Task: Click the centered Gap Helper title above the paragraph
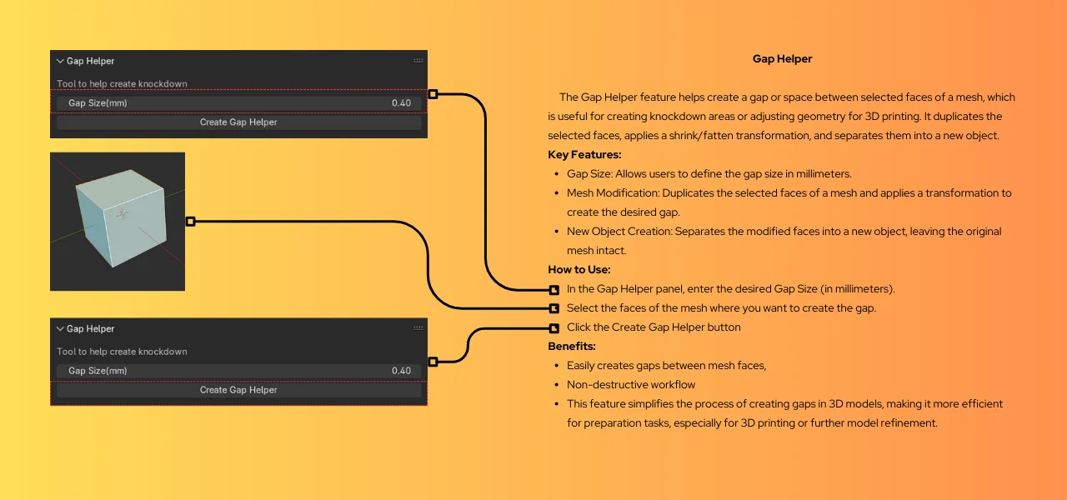pos(782,59)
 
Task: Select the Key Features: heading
pos(584,155)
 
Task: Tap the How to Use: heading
pos(579,270)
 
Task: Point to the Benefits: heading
pos(572,347)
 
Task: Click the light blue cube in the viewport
pos(117,219)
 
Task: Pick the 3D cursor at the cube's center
pos(123,214)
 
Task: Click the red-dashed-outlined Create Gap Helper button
pos(238,390)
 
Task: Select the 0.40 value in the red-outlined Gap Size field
pos(401,103)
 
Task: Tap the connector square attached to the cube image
pos(190,222)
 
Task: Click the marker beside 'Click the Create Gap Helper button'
pos(554,327)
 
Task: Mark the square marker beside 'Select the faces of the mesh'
pos(554,308)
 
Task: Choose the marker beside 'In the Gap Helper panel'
pos(554,290)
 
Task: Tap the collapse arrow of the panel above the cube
pos(60,61)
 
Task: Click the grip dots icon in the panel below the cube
pos(418,328)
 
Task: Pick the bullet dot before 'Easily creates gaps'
pos(556,367)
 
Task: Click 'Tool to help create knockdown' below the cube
pos(123,352)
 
